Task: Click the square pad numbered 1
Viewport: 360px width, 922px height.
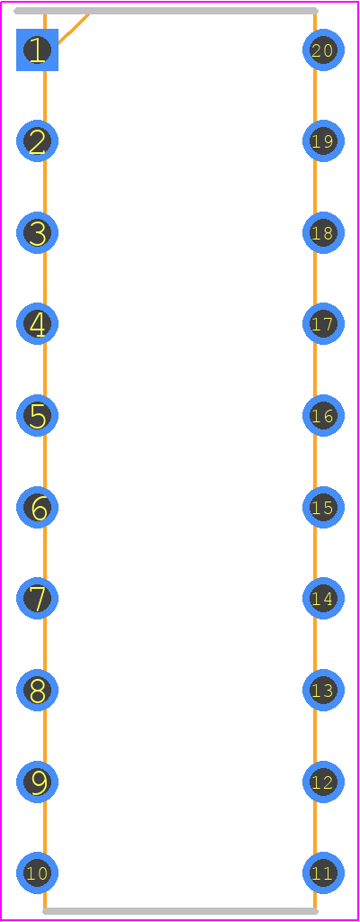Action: (x=37, y=50)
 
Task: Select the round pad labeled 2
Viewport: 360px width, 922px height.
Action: (x=37, y=141)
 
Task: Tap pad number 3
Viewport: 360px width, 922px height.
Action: (x=37, y=233)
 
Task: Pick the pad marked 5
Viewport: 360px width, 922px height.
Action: (x=37, y=416)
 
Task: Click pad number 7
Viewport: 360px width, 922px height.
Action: (x=37, y=599)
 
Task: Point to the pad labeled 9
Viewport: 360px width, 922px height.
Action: (x=37, y=782)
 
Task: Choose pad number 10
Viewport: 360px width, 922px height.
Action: (x=37, y=873)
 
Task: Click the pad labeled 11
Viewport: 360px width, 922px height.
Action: (x=323, y=873)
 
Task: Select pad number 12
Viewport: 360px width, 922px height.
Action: (x=323, y=782)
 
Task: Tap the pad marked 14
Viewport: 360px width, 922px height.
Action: (x=323, y=599)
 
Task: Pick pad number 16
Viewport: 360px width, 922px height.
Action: (x=323, y=416)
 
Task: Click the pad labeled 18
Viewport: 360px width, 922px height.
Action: (x=323, y=233)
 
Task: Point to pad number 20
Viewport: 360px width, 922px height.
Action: (x=323, y=50)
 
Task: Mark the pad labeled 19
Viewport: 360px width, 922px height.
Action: (x=323, y=141)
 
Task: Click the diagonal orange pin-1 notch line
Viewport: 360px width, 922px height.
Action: (x=74, y=28)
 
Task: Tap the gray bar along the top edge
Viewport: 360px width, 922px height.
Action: (x=166, y=11)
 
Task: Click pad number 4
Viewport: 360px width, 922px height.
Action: (x=37, y=324)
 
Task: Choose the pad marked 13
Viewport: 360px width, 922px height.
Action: (x=323, y=691)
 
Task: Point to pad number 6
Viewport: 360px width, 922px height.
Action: (x=37, y=508)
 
